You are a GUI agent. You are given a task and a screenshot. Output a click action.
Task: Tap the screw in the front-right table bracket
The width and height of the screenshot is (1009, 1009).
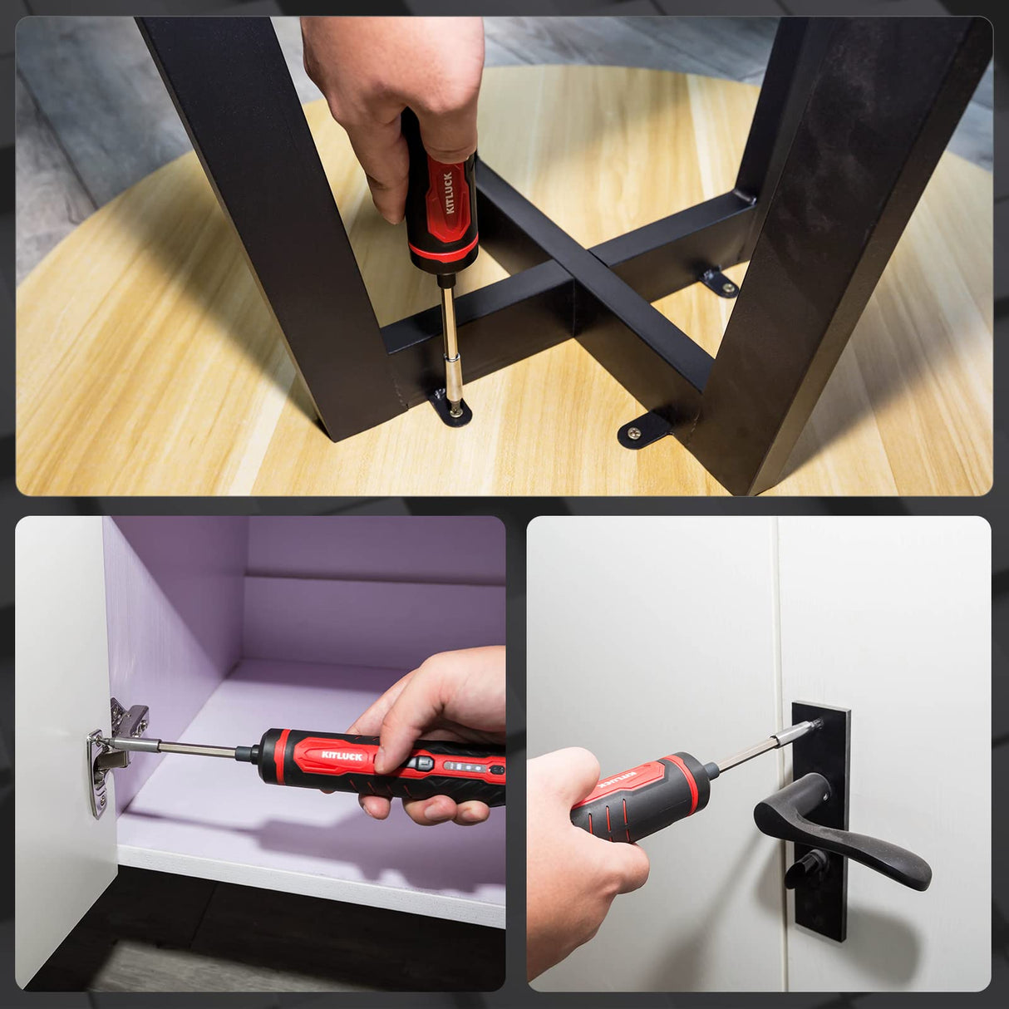pos(635,432)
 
